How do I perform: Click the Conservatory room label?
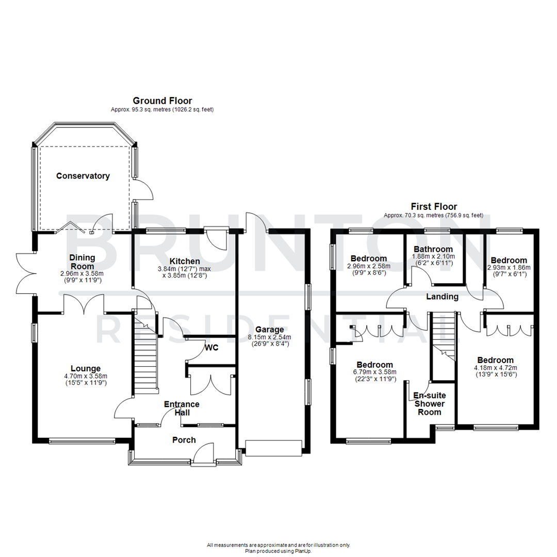83,176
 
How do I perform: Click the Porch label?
184,440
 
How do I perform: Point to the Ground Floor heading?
162,101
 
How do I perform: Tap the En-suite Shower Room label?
430,404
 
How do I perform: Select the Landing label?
443,297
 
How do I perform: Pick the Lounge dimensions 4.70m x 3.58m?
86,376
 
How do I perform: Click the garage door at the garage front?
273,448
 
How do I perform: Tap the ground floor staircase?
146,356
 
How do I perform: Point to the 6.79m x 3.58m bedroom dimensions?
372,372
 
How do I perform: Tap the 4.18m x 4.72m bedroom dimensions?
495,368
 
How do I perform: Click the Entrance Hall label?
182,408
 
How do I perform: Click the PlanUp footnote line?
278,551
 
